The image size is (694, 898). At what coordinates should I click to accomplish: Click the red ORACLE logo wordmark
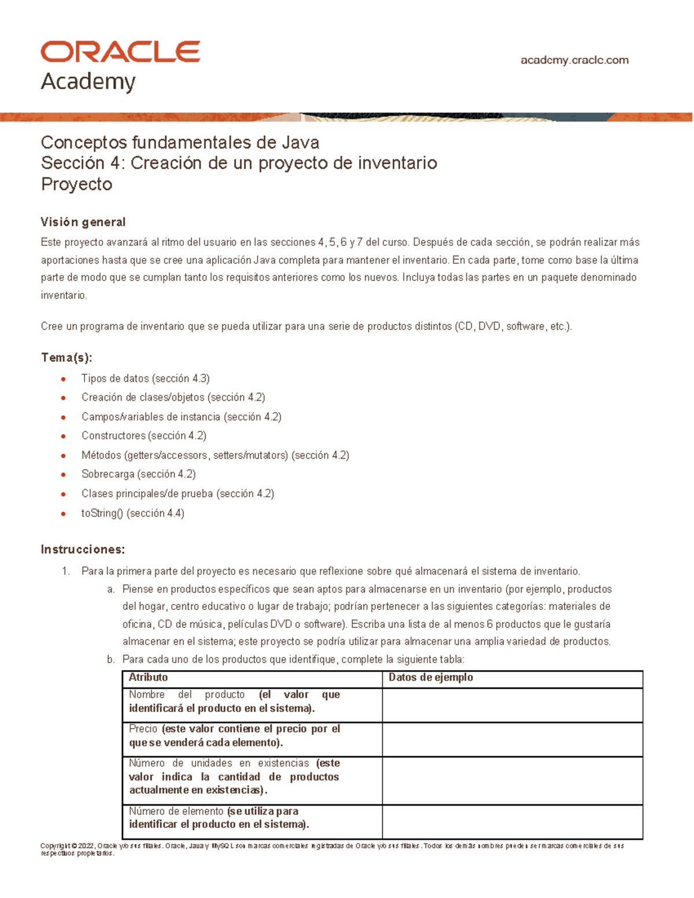120,52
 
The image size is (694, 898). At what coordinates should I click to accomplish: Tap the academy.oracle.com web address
574,60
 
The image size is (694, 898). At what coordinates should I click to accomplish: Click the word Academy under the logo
88,82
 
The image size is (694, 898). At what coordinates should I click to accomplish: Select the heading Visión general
83,222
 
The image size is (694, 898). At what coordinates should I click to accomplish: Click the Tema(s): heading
67,357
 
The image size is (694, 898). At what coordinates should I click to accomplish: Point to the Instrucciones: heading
83,549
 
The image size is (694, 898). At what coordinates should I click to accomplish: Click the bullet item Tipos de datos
145,379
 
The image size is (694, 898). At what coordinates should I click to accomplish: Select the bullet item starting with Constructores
143,435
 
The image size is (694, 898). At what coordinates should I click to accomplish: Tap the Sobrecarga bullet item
138,474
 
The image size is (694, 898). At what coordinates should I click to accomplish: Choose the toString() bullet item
132,513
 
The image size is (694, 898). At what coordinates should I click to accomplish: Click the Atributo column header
148,677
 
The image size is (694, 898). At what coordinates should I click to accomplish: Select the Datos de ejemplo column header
430,677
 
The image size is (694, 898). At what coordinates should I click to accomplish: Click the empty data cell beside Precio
512,739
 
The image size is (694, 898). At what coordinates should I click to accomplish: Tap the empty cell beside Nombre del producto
512,704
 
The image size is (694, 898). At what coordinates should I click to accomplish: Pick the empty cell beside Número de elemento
512,821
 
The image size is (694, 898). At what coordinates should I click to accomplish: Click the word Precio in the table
143,729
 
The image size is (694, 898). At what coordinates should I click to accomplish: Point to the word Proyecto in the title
76,184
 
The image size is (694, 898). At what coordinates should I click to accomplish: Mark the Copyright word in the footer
56,846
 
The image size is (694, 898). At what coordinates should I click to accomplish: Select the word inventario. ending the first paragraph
64,295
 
